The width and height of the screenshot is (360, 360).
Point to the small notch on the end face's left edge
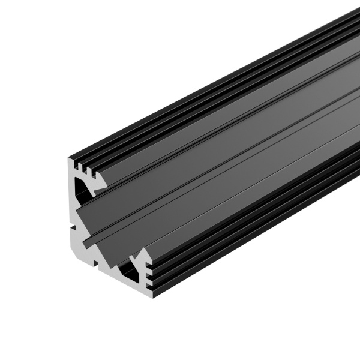[x=72, y=227]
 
